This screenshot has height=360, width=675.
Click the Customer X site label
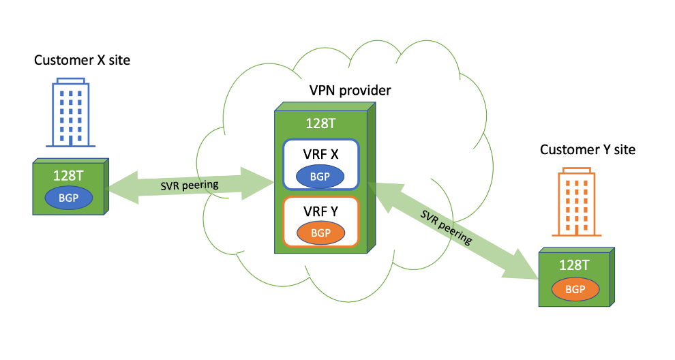pos(82,61)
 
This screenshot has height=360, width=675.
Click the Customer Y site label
pos(587,149)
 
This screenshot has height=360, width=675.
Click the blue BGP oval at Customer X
pos(68,198)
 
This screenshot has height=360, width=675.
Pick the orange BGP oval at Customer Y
pos(575,289)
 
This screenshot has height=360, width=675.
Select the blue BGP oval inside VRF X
pos(320,176)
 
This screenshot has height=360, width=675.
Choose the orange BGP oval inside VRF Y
pos(320,233)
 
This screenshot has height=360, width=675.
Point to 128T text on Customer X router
pos(68,175)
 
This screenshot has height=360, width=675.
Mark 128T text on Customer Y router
pos(575,265)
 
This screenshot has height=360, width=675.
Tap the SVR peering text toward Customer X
pos(190,185)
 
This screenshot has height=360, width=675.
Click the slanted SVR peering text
pos(447,228)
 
